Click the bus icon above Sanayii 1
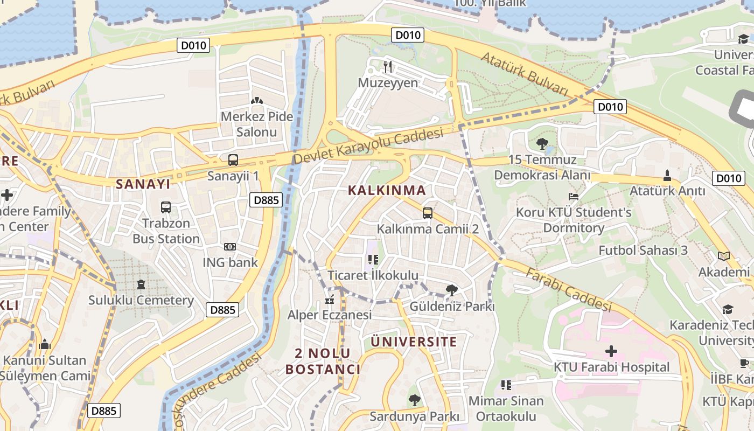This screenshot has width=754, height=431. point(233,160)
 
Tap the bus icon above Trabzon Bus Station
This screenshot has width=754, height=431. point(166,207)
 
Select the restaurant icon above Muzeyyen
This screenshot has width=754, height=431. point(388,67)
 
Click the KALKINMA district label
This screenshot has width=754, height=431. point(387,190)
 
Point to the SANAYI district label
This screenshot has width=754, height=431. point(143,184)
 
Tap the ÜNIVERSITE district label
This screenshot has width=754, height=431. point(414,342)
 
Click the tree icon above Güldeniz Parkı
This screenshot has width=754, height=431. point(452,290)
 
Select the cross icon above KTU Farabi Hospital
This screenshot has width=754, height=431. point(611,351)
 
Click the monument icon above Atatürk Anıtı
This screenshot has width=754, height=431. point(667,175)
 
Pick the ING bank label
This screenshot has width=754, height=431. point(230,263)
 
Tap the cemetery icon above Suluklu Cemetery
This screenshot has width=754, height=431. point(141,284)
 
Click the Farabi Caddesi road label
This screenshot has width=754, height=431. point(569,290)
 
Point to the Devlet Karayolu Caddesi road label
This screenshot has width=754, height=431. point(368,145)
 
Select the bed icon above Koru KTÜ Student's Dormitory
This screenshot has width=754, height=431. point(574,197)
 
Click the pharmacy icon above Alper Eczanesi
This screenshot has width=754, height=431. point(330,299)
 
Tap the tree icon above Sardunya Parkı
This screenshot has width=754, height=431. point(414,400)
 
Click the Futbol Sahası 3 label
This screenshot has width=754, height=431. point(643,250)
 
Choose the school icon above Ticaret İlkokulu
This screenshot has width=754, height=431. point(373,260)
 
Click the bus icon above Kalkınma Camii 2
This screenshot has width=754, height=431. point(428,213)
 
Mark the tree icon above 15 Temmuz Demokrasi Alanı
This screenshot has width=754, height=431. point(542,144)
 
